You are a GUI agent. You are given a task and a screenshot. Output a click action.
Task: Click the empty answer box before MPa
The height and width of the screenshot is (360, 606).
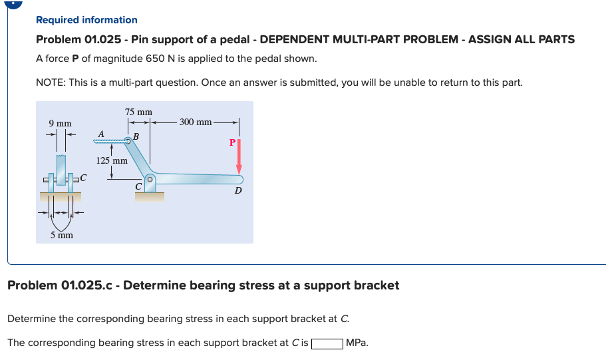[327, 343]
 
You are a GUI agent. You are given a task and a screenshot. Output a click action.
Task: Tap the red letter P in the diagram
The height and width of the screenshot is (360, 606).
[231, 142]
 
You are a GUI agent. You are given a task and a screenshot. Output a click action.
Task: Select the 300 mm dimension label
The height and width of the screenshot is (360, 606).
[196, 122]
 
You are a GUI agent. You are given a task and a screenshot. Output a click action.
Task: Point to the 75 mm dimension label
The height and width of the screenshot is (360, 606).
[138, 112]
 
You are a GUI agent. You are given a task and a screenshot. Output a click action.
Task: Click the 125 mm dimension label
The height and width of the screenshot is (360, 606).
[112, 160]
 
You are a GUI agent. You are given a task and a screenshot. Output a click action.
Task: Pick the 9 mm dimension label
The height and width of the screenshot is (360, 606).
[60, 124]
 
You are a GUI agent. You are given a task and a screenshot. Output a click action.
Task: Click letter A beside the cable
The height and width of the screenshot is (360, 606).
[100, 134]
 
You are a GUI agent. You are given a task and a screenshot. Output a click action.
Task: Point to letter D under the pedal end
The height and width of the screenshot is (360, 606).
[237, 192]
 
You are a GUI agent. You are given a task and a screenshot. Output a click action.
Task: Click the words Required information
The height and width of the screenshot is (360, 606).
[86, 20]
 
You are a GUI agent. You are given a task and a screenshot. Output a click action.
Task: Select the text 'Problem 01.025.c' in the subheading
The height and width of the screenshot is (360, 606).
[61, 285]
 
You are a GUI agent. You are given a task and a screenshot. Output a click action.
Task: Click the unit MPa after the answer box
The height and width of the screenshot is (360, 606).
[357, 343]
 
